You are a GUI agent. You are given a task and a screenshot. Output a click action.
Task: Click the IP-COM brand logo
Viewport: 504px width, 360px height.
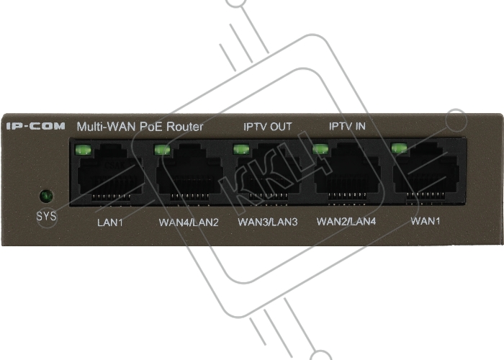coord(36,126)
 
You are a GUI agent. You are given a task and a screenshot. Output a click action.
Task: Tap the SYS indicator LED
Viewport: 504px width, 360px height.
coord(46,196)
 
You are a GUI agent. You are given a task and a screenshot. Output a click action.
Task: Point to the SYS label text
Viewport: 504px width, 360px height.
coord(46,216)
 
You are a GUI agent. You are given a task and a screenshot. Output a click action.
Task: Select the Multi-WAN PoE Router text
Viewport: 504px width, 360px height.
coord(140,127)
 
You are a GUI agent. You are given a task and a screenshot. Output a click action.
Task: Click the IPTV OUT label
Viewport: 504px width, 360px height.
coord(268,127)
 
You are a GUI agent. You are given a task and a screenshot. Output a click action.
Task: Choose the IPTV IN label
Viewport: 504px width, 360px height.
coord(347,126)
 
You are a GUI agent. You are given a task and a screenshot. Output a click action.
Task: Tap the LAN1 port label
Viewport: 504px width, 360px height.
coord(110,222)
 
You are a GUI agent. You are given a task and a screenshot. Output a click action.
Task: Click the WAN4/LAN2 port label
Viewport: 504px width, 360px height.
coord(189,222)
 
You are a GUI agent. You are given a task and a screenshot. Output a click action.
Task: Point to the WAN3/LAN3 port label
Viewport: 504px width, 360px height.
coord(268,222)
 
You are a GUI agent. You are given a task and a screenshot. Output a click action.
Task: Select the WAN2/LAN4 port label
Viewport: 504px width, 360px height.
coord(346,222)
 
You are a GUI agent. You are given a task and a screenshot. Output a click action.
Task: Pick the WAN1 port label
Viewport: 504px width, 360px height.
coord(426,221)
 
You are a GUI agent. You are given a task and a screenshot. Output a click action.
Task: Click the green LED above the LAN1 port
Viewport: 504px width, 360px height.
coord(83,150)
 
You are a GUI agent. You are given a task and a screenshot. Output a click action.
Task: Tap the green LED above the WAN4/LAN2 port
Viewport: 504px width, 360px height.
coord(162,150)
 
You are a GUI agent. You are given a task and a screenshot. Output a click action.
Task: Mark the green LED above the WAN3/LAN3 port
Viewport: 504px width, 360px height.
coord(241,149)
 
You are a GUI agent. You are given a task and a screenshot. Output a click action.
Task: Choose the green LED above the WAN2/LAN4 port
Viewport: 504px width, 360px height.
coord(320,149)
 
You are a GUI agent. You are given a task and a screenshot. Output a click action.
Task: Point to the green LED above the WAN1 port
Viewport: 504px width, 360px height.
coord(399,148)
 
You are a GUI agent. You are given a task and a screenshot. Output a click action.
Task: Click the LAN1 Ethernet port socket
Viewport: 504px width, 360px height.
coord(110,174)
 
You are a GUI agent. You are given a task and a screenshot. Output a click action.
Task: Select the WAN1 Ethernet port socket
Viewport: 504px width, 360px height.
coord(426,173)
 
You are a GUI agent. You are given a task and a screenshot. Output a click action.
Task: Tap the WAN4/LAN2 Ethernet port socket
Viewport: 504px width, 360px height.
coord(189,174)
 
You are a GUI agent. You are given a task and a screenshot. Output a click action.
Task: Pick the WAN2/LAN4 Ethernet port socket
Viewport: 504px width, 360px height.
coord(348,173)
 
